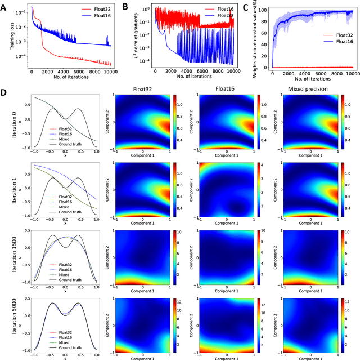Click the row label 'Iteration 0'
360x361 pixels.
(5, 132)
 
